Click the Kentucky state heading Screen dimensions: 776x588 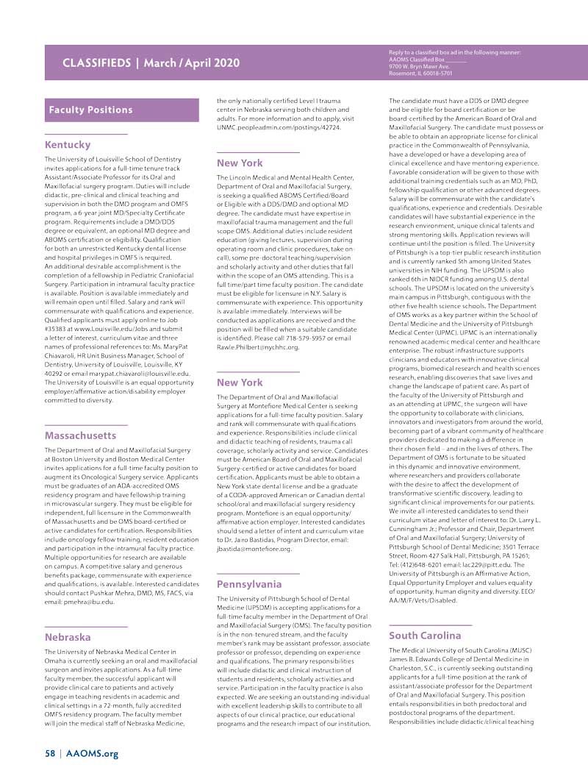tap(68, 145)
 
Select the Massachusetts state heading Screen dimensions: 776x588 tap(81, 435)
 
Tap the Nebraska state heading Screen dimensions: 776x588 tap(68, 637)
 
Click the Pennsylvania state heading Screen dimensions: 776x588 tap(249, 584)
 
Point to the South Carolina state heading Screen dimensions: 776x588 tap(426, 636)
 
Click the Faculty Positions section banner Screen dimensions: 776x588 tap(90, 110)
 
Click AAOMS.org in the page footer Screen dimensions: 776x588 tap(92, 754)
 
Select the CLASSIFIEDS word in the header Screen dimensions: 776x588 tap(98, 63)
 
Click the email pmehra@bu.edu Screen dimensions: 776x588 tap(91, 602)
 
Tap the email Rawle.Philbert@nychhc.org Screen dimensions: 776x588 tap(258, 347)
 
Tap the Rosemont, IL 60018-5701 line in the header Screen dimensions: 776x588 tap(421, 74)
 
